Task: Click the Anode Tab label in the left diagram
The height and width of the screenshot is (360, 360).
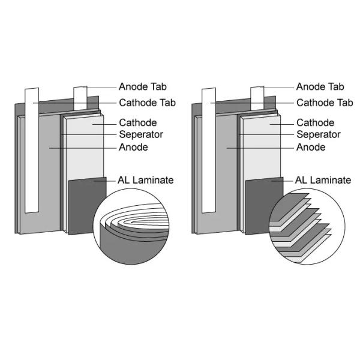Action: (143, 87)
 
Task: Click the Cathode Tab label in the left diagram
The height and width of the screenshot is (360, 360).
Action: (147, 103)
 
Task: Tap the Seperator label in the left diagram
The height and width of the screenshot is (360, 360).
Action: (141, 134)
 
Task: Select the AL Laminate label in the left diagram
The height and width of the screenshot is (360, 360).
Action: (146, 179)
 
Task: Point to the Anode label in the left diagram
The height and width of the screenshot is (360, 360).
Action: (133, 147)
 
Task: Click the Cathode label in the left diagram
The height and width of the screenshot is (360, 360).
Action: (138, 122)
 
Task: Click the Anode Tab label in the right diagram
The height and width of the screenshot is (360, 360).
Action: (320, 87)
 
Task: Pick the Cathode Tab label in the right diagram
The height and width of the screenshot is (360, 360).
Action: (324, 103)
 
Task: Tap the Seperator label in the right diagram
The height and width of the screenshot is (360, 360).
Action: (319, 134)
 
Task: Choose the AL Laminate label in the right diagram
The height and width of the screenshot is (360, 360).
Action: (323, 179)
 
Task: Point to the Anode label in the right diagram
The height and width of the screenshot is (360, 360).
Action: (311, 147)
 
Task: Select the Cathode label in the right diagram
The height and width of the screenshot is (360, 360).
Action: (315, 122)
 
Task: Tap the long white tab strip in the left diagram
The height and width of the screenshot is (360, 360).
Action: (31, 150)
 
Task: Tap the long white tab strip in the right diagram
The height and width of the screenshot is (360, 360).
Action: (208, 150)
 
